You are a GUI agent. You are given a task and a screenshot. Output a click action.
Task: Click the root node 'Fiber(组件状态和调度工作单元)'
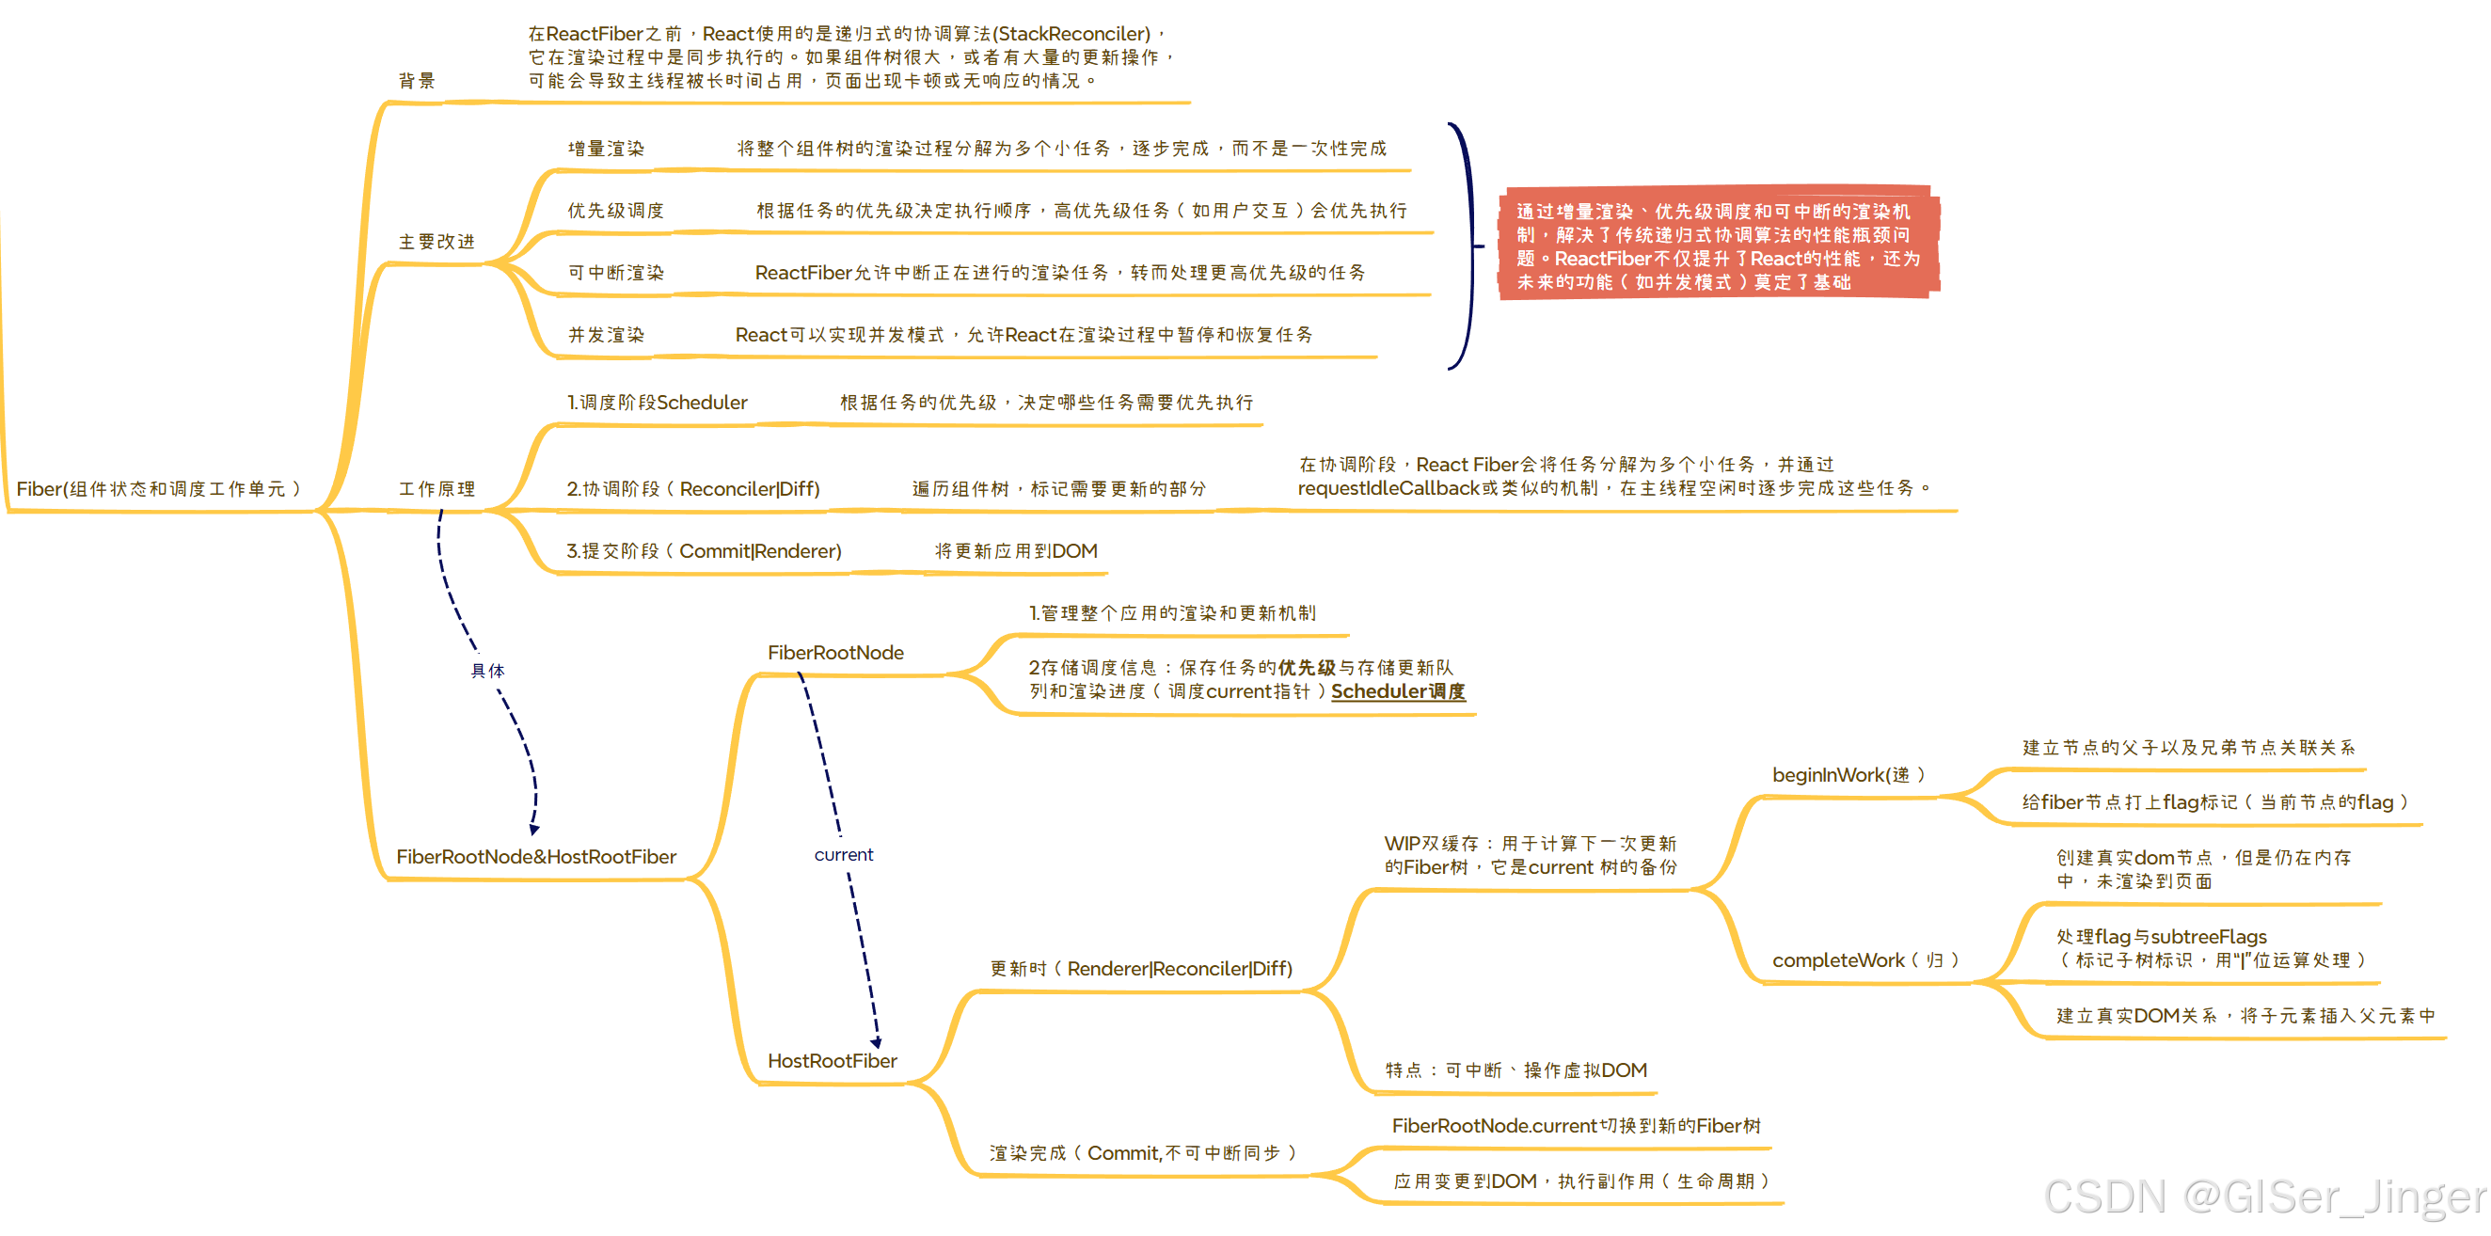(x=159, y=489)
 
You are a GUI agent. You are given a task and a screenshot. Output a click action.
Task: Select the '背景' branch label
(x=417, y=81)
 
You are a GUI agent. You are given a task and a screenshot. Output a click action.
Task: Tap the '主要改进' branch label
(x=437, y=242)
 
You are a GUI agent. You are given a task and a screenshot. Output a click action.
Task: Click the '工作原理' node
(x=437, y=489)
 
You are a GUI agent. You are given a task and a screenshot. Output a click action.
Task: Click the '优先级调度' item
(x=615, y=211)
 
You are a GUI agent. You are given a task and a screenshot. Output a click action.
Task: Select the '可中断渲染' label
(x=615, y=273)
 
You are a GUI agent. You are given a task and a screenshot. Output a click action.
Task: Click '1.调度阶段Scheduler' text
(x=657, y=403)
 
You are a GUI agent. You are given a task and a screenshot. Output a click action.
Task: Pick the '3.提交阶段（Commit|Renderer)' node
(x=703, y=551)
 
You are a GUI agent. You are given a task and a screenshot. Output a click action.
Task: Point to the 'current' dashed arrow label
(x=843, y=855)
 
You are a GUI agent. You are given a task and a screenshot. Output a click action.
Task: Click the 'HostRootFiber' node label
(x=832, y=1061)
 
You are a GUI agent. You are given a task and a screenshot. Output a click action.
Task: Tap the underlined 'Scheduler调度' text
(x=1397, y=691)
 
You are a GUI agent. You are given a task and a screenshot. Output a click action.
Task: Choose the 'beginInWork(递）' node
(x=1848, y=775)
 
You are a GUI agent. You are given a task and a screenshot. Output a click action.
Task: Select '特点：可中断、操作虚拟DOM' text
(x=1515, y=1070)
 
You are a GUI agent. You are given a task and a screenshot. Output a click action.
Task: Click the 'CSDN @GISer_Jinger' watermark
(x=2262, y=1197)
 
